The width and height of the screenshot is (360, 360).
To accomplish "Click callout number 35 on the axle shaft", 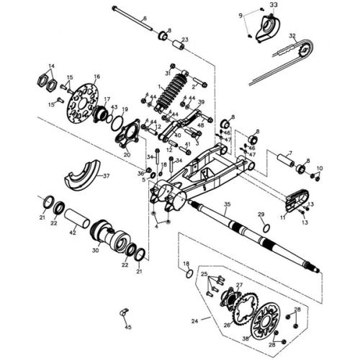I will (226, 205).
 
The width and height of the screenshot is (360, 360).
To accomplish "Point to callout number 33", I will (273, 5).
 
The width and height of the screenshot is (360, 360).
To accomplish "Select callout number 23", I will (185, 40).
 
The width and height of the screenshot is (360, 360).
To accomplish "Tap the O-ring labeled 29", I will (265, 228).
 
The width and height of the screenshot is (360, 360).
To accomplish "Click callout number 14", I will (51, 66).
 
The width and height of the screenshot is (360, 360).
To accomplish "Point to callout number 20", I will (127, 154).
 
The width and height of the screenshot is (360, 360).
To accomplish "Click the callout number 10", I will (320, 168).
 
